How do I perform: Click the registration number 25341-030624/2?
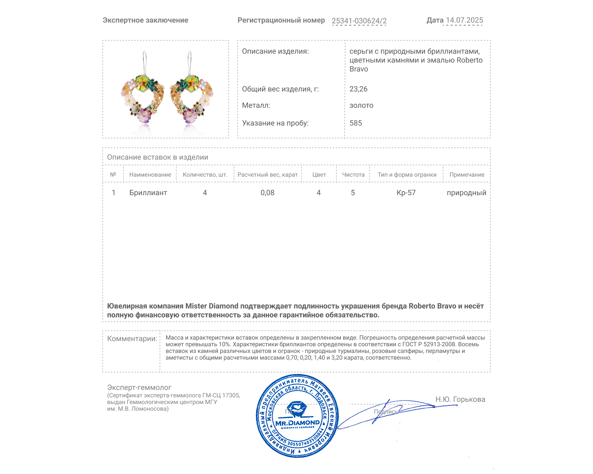click(x=359, y=21)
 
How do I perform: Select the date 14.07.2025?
click(x=464, y=20)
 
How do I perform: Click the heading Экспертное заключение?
click(x=145, y=20)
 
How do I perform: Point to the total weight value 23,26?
click(x=358, y=89)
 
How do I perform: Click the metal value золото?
click(x=361, y=105)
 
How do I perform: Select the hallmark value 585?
click(x=355, y=123)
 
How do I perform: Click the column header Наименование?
click(x=150, y=175)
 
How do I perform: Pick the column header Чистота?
click(x=353, y=175)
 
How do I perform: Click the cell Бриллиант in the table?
click(x=148, y=193)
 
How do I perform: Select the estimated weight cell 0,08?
click(x=267, y=193)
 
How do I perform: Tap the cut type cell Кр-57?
click(x=406, y=193)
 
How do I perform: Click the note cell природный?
click(x=466, y=193)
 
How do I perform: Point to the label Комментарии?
click(x=132, y=338)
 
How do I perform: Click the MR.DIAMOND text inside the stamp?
click(x=297, y=423)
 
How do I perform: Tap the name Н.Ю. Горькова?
click(x=460, y=399)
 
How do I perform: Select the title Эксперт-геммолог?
click(x=139, y=387)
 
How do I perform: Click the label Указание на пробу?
click(x=275, y=123)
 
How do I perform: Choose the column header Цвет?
click(x=319, y=175)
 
